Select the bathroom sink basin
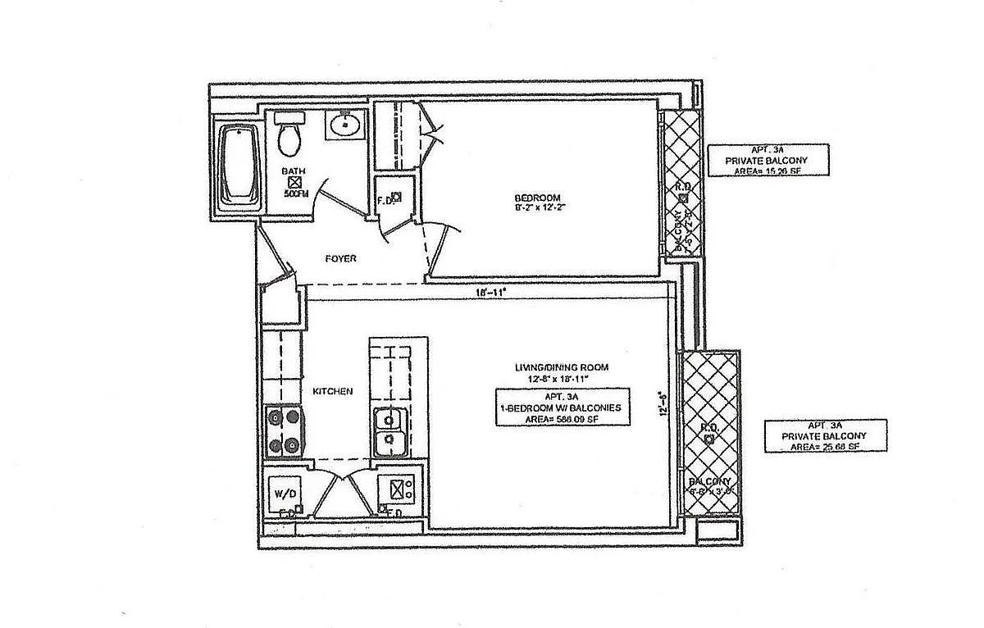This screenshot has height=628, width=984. tap(346, 126)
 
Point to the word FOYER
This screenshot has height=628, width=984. tap(340, 258)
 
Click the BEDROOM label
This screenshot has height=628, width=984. tap(537, 198)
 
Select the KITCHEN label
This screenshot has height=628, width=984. tap(332, 391)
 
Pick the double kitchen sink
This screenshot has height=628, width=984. tap(388, 431)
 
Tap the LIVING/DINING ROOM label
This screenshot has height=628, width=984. tap(561, 367)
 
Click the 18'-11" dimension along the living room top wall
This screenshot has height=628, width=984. tap(490, 292)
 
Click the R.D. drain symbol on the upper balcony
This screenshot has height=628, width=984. tap(683, 198)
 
